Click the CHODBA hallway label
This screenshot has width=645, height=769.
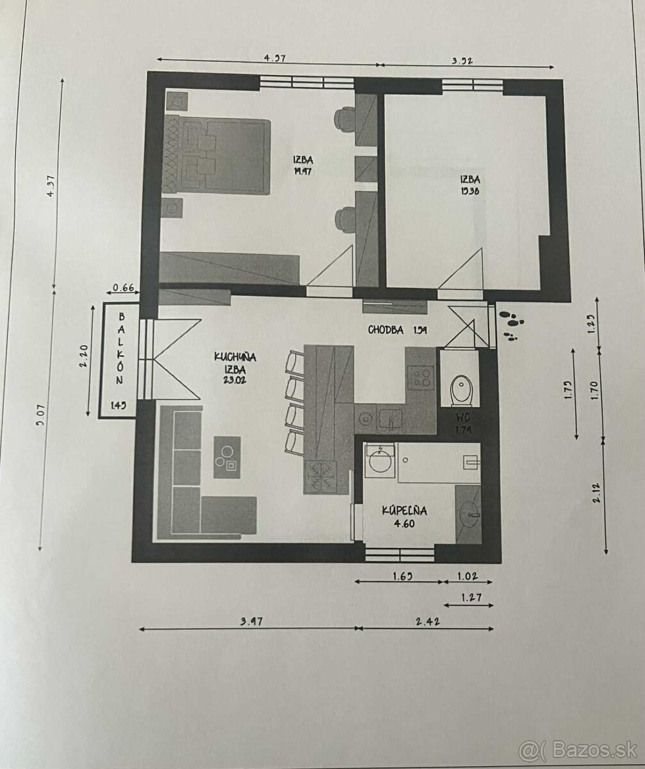tap(386, 330)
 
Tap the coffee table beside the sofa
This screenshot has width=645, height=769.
tap(227, 457)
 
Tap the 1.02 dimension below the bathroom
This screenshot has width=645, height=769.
tap(467, 575)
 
